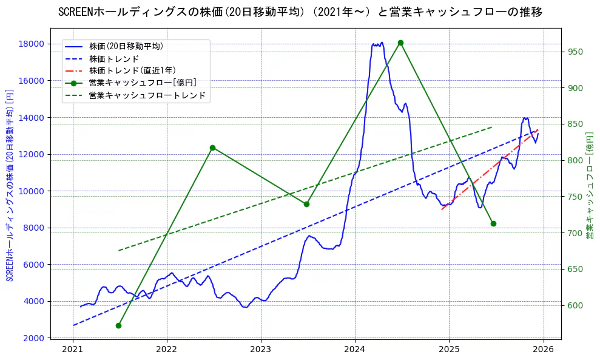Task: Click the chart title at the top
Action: point(300,12)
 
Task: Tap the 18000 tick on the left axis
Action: point(30,44)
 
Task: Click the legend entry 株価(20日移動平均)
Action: point(126,46)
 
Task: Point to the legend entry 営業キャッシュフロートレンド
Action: point(147,95)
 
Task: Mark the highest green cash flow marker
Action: point(400,42)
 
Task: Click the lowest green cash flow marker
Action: point(118,325)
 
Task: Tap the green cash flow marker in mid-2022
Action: point(212,148)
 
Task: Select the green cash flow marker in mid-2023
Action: point(306,204)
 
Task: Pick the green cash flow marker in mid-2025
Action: point(493,223)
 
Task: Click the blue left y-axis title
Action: point(10,185)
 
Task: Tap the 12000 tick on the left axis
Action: point(30,154)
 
